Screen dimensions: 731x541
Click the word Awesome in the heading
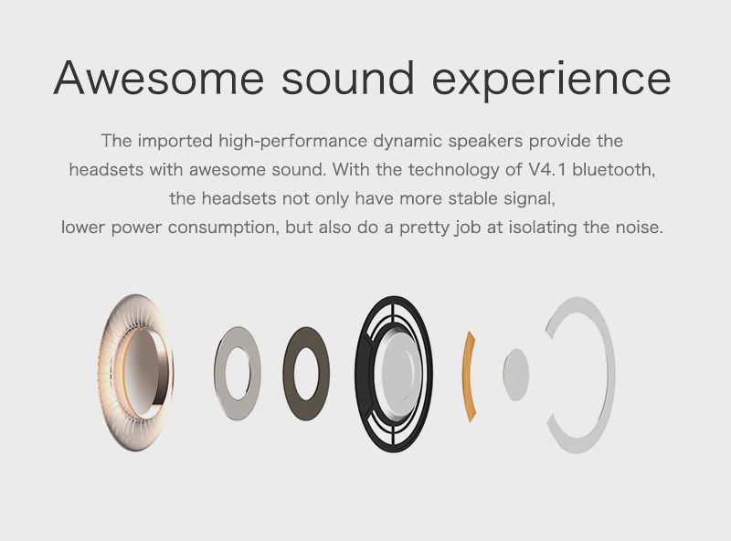point(158,78)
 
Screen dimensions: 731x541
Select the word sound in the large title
point(348,78)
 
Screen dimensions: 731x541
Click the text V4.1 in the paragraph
point(547,169)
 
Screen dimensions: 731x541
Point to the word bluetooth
point(614,169)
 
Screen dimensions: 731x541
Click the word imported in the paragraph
point(175,141)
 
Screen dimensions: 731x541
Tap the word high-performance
point(292,141)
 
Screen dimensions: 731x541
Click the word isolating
point(543,228)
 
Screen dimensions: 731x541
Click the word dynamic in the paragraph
point(408,142)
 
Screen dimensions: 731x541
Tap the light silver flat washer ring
point(221,373)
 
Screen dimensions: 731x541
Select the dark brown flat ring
point(290,373)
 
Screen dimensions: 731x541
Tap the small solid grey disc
point(516,375)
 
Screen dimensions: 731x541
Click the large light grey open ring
point(607,373)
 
